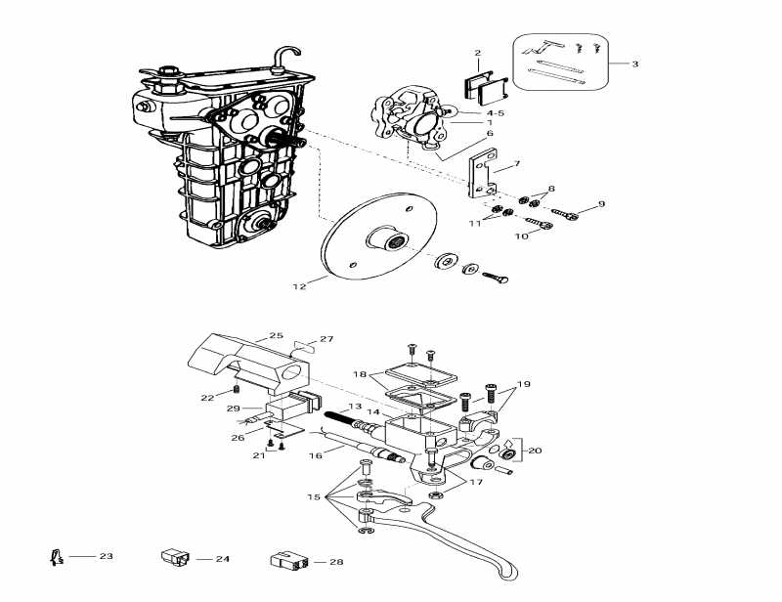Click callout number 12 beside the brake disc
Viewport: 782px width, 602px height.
coord(299,286)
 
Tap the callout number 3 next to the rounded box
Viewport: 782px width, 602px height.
coord(634,64)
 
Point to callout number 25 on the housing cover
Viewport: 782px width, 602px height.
coord(277,336)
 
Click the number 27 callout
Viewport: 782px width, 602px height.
coord(326,339)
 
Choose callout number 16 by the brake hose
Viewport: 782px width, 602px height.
coord(315,455)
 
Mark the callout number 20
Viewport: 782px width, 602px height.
coord(535,451)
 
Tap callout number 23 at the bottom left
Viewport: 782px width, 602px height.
coord(106,556)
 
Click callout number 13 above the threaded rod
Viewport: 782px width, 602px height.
coord(354,407)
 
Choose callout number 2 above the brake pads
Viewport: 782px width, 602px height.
coord(478,53)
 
